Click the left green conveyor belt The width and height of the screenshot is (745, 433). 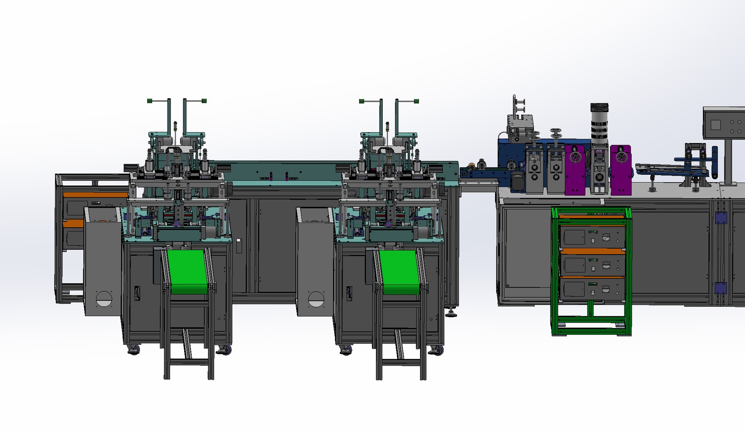187,271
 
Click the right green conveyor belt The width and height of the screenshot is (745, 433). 400,271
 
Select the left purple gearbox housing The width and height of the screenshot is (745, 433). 575,170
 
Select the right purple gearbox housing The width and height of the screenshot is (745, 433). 621,170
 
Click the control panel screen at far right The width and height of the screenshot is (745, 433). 716,125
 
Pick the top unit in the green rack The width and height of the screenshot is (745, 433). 592,236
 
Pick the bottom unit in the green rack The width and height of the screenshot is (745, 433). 592,289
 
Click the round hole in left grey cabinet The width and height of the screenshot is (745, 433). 104,299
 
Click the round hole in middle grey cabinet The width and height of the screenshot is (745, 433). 316,299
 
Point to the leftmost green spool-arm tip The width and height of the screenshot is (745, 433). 150,101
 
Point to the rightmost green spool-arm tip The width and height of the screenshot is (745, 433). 416,101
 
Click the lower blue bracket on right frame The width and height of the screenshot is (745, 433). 721,288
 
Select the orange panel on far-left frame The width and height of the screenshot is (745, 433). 95,195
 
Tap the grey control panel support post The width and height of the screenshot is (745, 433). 728,160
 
